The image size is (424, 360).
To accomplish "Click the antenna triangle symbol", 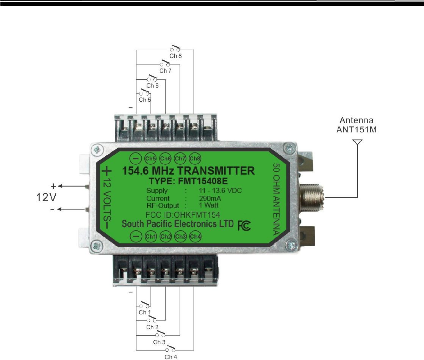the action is pyautogui.click(x=357, y=143).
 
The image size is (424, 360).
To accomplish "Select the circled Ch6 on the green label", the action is pyautogui.click(x=166, y=158).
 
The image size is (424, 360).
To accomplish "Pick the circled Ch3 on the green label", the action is pyautogui.click(x=180, y=237).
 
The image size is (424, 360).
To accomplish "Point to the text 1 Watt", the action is pyautogui.click(x=208, y=206).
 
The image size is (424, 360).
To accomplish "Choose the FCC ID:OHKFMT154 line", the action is pyautogui.click(x=183, y=215).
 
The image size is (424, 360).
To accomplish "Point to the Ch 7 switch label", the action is pyautogui.click(x=166, y=71).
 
